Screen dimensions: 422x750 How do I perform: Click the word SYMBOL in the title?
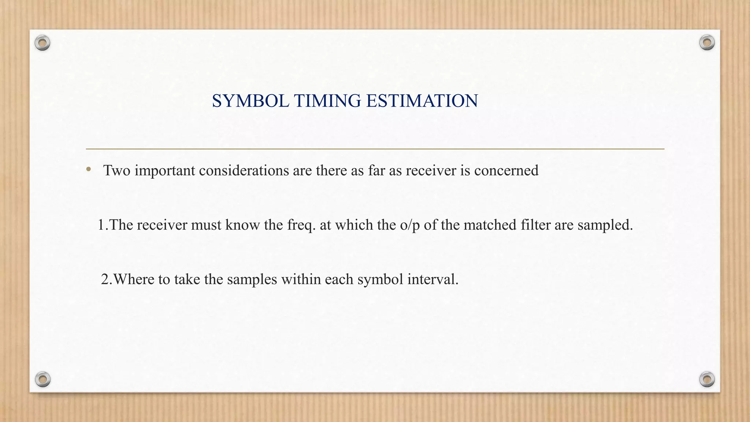pyautogui.click(x=250, y=101)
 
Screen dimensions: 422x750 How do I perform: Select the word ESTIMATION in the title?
pyautogui.click(x=422, y=101)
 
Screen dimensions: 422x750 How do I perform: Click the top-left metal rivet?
pyautogui.click(x=42, y=43)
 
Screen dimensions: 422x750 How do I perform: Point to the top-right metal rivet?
pyautogui.click(x=707, y=43)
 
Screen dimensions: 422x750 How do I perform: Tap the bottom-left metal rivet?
pyautogui.click(x=42, y=379)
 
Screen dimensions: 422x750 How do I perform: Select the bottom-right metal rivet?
pyautogui.click(x=707, y=379)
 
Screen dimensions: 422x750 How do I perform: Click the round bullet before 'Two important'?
pyautogui.click(x=88, y=169)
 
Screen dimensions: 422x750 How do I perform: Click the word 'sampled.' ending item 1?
pyautogui.click(x=605, y=225)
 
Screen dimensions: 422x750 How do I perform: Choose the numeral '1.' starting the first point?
pyautogui.click(x=103, y=225)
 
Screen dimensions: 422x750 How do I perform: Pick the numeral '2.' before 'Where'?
pyautogui.click(x=107, y=280)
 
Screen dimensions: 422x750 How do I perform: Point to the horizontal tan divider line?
pyautogui.click(x=375, y=149)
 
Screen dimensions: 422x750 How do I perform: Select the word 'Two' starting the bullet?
pyautogui.click(x=117, y=171)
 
